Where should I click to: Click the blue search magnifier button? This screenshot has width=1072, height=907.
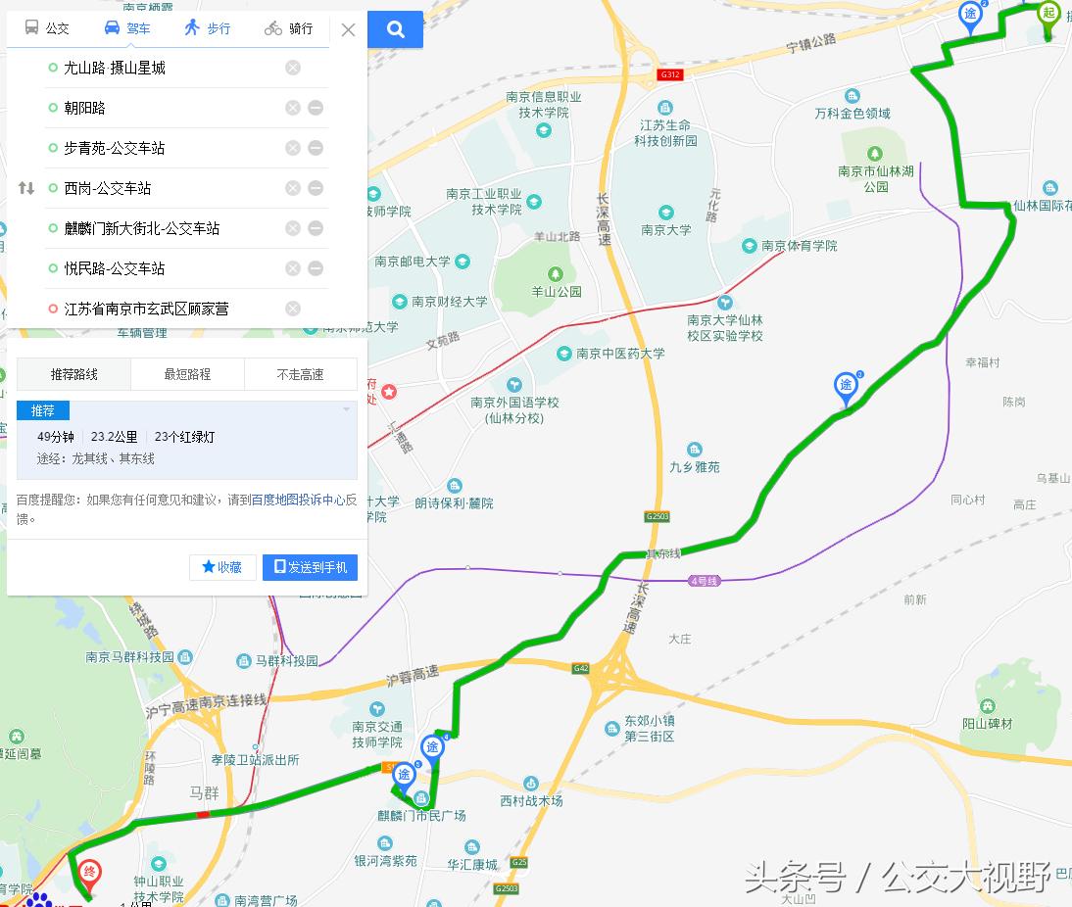click(396, 29)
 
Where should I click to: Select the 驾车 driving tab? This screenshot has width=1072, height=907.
click(127, 28)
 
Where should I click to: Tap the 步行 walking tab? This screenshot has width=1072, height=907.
click(207, 28)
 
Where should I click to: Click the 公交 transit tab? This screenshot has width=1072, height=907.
click(47, 28)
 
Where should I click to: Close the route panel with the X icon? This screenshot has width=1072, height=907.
click(348, 29)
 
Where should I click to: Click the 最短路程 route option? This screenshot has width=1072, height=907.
click(187, 374)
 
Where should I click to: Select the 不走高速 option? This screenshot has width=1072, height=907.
click(300, 374)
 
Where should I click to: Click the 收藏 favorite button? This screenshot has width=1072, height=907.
click(222, 567)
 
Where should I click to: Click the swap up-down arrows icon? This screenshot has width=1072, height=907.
click(26, 188)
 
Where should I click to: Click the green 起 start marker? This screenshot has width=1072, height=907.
click(1048, 14)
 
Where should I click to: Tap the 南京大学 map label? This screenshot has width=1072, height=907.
click(666, 230)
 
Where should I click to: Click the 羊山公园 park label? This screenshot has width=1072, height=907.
click(557, 291)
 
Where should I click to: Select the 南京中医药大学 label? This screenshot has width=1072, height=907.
click(620, 354)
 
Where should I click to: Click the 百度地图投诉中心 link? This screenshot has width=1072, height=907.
click(298, 500)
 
